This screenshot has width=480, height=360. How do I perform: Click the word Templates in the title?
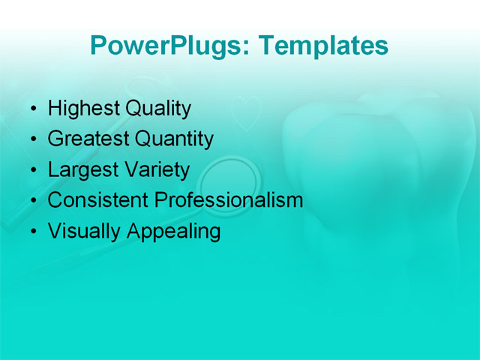coord(323,46)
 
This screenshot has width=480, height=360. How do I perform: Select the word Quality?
coord(157,109)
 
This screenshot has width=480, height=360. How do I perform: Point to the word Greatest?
coord(88,139)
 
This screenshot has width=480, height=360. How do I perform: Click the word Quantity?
coord(174,139)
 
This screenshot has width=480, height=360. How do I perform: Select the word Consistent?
coord(98,200)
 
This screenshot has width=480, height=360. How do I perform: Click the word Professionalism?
coord(229,200)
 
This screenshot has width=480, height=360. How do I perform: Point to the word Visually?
coord(85,231)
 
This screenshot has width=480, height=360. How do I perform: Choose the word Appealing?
coord(174,231)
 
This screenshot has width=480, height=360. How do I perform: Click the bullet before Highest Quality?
coord(32,110)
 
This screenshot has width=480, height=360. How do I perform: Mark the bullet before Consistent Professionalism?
coord(32,202)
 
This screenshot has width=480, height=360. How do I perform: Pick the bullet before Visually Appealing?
coord(32,232)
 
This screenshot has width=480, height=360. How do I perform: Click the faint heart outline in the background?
coord(245,112)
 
